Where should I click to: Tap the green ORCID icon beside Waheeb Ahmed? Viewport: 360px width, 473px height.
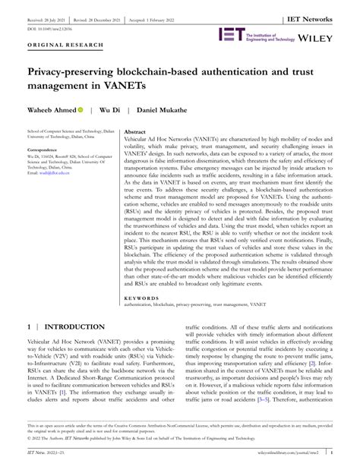[x=80, y=109]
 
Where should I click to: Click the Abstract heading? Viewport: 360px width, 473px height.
[x=135, y=131]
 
